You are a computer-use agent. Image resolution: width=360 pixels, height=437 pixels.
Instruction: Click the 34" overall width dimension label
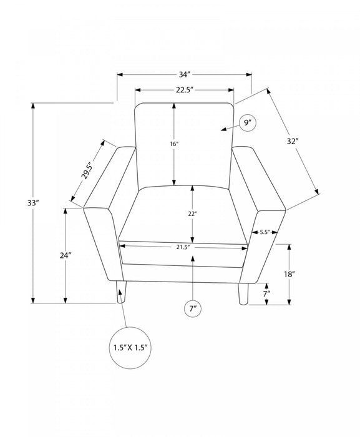185,74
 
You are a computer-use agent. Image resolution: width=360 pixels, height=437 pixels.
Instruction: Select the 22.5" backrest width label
185,90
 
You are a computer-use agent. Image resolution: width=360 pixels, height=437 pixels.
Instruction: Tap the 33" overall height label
32,203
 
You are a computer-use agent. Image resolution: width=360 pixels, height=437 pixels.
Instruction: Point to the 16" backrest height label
174,144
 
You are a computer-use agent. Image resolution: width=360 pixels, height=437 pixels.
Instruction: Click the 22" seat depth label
192,214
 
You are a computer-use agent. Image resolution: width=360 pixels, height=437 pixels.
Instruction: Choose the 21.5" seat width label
183,247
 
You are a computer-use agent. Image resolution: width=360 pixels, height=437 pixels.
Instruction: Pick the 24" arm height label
66,255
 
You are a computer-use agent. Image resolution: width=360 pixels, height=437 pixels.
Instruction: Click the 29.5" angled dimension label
86,170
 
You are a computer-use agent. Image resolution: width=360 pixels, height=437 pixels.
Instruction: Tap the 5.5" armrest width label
265,232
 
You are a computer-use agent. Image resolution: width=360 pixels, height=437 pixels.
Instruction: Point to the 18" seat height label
289,274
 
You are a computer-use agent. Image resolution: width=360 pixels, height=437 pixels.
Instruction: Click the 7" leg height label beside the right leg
267,293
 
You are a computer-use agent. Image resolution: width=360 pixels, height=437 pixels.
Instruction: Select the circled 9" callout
248,123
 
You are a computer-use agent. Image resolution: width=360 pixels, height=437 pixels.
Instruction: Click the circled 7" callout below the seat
193,309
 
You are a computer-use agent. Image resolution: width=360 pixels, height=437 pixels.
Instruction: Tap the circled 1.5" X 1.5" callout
130,348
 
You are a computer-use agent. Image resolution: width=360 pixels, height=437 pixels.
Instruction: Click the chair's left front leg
121,292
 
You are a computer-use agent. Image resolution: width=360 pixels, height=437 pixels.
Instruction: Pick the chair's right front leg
243,294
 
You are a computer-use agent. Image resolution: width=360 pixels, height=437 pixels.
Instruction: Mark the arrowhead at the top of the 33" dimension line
33,106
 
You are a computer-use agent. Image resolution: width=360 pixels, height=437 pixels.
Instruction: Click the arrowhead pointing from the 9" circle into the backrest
223,129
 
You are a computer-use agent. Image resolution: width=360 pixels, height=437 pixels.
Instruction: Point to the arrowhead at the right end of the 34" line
249,74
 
